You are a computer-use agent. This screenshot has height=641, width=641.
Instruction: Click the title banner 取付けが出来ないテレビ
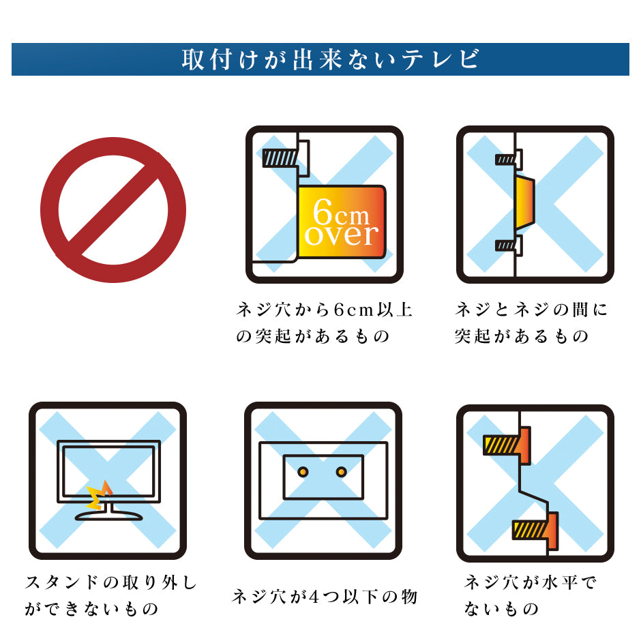coord(320,59)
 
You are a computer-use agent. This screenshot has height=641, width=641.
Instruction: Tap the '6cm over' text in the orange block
coord(341,224)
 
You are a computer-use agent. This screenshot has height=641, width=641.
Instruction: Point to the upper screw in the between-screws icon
coord(507,160)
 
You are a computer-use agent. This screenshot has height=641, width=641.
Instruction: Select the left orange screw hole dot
coord(303,472)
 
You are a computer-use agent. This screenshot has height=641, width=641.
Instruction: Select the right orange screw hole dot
coord(342,472)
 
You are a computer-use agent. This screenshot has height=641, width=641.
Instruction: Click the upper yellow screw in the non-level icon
coord(503,445)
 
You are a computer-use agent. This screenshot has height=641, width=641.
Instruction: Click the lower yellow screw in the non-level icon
coord(531,529)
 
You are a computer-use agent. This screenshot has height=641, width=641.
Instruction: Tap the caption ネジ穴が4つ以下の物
coord(324,597)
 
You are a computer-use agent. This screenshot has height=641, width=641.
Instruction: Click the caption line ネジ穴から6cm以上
coord(324,310)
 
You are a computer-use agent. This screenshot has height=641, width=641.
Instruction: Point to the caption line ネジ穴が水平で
coord(531,583)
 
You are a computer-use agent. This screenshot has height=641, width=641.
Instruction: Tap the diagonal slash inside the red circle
coord(113,210)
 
